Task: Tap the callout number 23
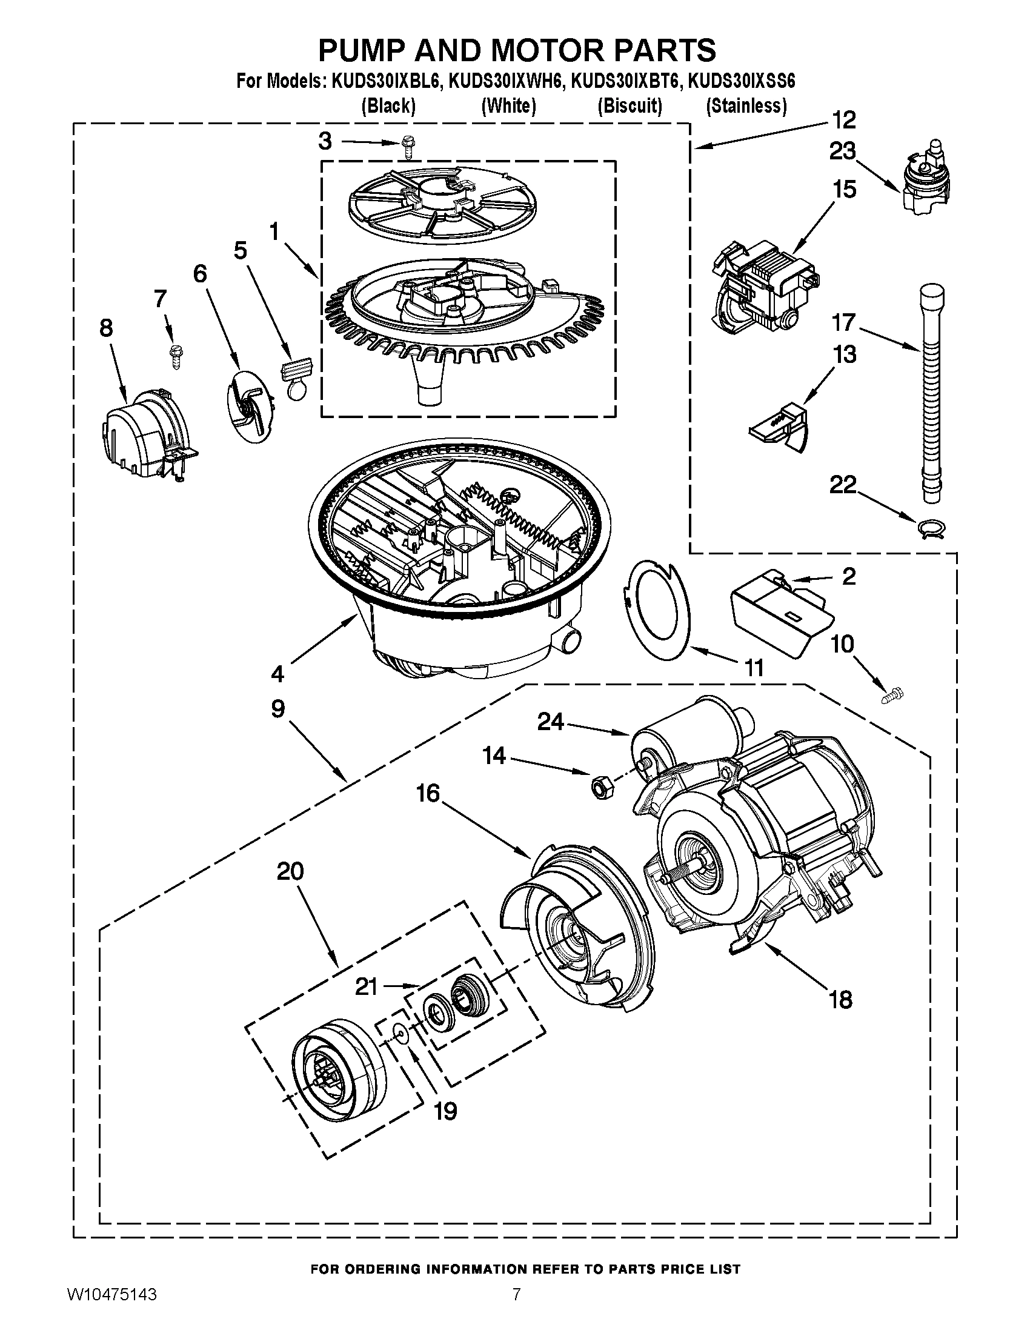coord(842,151)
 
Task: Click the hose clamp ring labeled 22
coord(931,527)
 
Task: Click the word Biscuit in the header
coord(630,106)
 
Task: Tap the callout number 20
coord(290,871)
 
